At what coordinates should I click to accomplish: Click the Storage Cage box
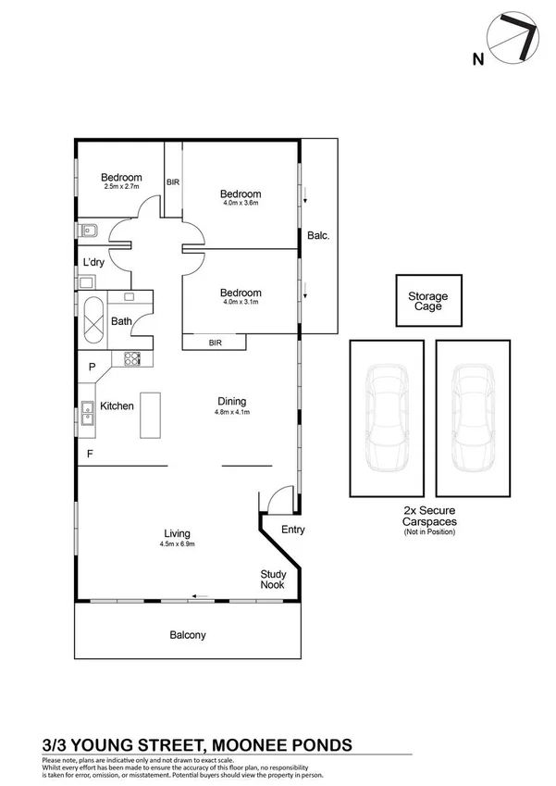[x=427, y=301]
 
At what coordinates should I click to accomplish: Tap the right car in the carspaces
[x=471, y=418]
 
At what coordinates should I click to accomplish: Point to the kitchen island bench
[x=150, y=416]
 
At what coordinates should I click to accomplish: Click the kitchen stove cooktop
[x=131, y=359]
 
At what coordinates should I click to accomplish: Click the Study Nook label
[x=272, y=580]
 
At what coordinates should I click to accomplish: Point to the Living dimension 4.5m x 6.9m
[x=177, y=543]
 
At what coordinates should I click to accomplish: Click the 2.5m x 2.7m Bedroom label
[x=121, y=186]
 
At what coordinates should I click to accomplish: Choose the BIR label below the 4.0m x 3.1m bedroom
[x=215, y=343]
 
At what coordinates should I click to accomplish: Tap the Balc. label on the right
[x=318, y=235]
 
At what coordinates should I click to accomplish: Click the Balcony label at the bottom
[x=187, y=635]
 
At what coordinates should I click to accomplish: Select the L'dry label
[x=93, y=263]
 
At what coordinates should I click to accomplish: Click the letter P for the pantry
[x=92, y=368]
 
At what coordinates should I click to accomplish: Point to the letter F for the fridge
[x=90, y=454]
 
